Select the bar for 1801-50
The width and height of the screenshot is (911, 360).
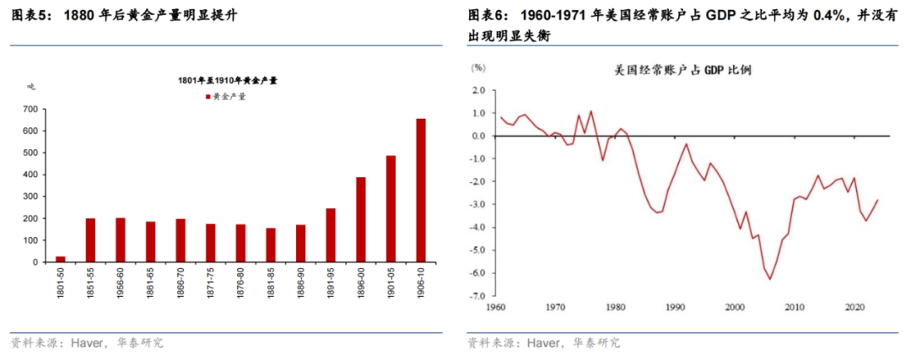[x=60, y=259]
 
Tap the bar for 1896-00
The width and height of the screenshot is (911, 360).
[x=360, y=219]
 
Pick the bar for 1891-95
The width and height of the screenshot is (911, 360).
[x=331, y=235]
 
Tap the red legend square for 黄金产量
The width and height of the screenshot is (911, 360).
[x=208, y=97]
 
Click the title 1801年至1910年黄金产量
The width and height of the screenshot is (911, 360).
[x=228, y=80]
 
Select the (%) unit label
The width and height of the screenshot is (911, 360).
[x=477, y=67]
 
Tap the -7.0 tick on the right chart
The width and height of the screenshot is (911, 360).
[x=477, y=296]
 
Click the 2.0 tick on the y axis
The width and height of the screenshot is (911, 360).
[x=479, y=89]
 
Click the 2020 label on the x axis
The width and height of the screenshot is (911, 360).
[x=853, y=307]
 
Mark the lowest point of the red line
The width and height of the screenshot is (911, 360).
[x=769, y=280]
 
